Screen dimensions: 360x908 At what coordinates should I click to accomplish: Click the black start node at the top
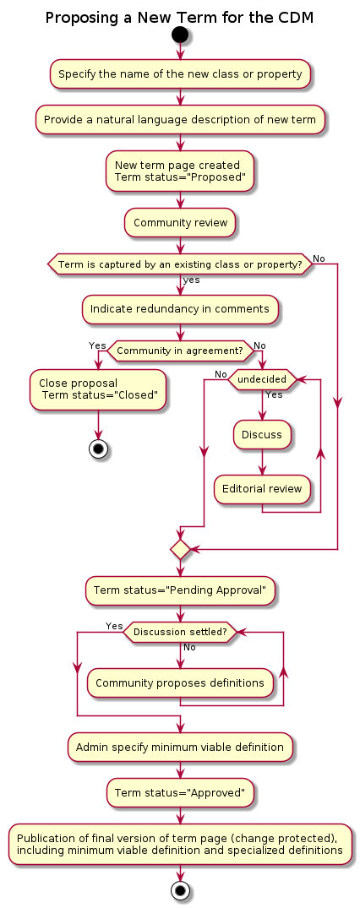180,35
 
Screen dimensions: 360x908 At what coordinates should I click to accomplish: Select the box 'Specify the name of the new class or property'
180,74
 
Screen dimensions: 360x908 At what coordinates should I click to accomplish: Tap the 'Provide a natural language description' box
180,120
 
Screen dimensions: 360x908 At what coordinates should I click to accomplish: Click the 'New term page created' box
180,171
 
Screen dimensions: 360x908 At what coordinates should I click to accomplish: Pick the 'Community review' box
180,222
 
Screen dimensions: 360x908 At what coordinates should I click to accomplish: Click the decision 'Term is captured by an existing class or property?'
180,264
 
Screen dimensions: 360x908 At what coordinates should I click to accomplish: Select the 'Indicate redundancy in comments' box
180,308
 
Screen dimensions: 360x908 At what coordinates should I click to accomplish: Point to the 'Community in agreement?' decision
180,351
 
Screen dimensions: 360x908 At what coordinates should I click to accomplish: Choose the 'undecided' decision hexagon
262,379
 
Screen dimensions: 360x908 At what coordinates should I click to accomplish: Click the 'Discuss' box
262,434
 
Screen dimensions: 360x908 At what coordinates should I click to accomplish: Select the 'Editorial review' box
262,488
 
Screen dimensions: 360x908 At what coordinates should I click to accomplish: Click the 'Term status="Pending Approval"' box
180,590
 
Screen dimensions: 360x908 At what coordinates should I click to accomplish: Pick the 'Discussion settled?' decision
180,632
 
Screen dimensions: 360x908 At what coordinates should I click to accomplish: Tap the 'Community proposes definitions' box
180,682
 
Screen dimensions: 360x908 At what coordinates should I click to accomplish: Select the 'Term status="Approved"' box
180,792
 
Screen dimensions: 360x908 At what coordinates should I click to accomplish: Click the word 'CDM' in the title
296,18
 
